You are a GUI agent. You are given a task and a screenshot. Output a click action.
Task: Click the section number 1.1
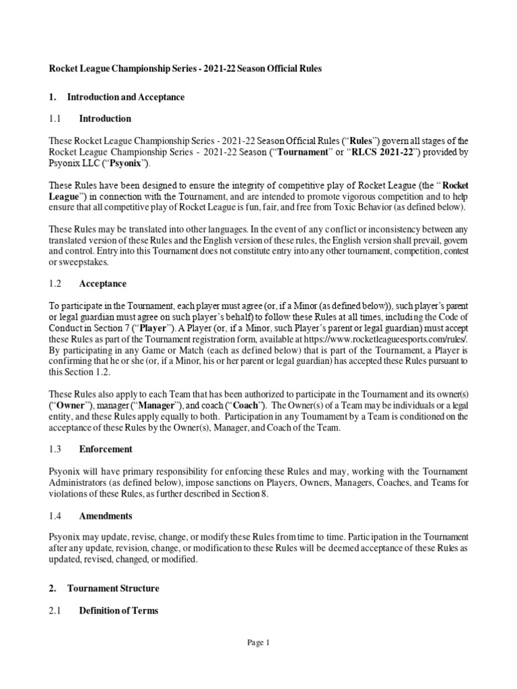click(x=55, y=118)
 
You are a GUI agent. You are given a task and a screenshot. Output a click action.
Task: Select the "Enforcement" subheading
click(x=106, y=449)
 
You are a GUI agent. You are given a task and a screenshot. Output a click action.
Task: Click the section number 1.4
click(x=55, y=515)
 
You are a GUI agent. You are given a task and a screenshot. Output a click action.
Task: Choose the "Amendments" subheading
click(x=106, y=515)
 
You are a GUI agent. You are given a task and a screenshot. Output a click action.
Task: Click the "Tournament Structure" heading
click(x=113, y=588)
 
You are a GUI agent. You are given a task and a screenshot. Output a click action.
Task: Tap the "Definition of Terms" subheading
click(x=119, y=610)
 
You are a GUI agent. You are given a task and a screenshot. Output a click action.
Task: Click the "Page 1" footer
click(x=258, y=643)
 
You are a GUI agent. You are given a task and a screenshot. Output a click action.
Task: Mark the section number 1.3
click(x=55, y=449)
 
